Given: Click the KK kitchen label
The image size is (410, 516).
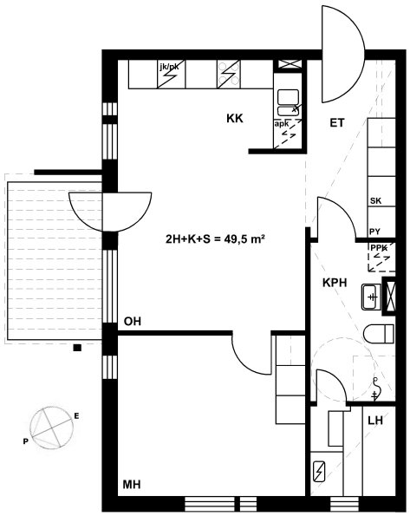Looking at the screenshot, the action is (x=235, y=119).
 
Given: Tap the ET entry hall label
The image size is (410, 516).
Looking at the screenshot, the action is (x=337, y=123).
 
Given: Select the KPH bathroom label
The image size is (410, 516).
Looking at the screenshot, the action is (x=335, y=283).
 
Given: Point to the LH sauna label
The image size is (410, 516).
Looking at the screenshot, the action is (x=375, y=421).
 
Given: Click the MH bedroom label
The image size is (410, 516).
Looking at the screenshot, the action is (x=132, y=485).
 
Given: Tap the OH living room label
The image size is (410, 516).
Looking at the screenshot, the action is (x=133, y=321).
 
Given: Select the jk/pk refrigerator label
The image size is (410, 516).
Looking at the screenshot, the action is (x=169, y=67).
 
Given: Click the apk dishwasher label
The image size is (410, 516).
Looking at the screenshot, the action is (x=282, y=124).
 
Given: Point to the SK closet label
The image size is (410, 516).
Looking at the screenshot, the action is (x=376, y=200).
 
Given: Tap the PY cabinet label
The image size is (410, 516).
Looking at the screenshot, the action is (x=374, y=232).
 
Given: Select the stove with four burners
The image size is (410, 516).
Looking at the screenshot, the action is (x=229, y=74).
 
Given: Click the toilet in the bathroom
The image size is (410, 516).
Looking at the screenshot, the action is (x=379, y=334).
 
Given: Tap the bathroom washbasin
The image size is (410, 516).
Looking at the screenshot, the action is (x=372, y=297).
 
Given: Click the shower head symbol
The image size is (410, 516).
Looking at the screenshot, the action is (x=375, y=389).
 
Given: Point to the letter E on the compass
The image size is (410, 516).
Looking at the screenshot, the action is (x=76, y=416).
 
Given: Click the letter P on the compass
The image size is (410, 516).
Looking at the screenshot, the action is (x=25, y=441).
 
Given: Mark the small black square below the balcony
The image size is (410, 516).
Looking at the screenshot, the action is (x=77, y=348).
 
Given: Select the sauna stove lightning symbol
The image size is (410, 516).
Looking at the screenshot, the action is (x=319, y=472).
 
